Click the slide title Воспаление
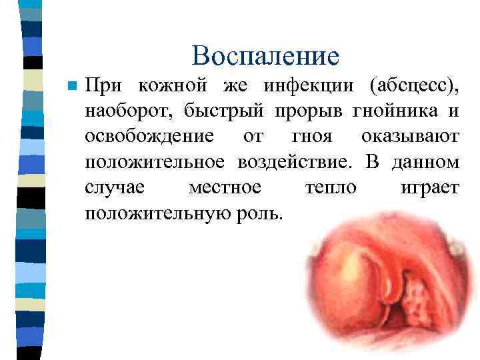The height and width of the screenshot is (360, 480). [265, 56]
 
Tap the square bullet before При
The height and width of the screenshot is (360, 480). [73, 87]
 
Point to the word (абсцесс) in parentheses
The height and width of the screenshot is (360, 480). [413, 87]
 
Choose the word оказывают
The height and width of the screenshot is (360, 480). [410, 137]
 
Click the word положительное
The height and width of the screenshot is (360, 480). [155, 162]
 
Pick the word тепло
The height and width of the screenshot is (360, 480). [330, 187]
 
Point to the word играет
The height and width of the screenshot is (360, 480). [429, 187]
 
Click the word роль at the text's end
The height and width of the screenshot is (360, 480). [265, 213]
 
